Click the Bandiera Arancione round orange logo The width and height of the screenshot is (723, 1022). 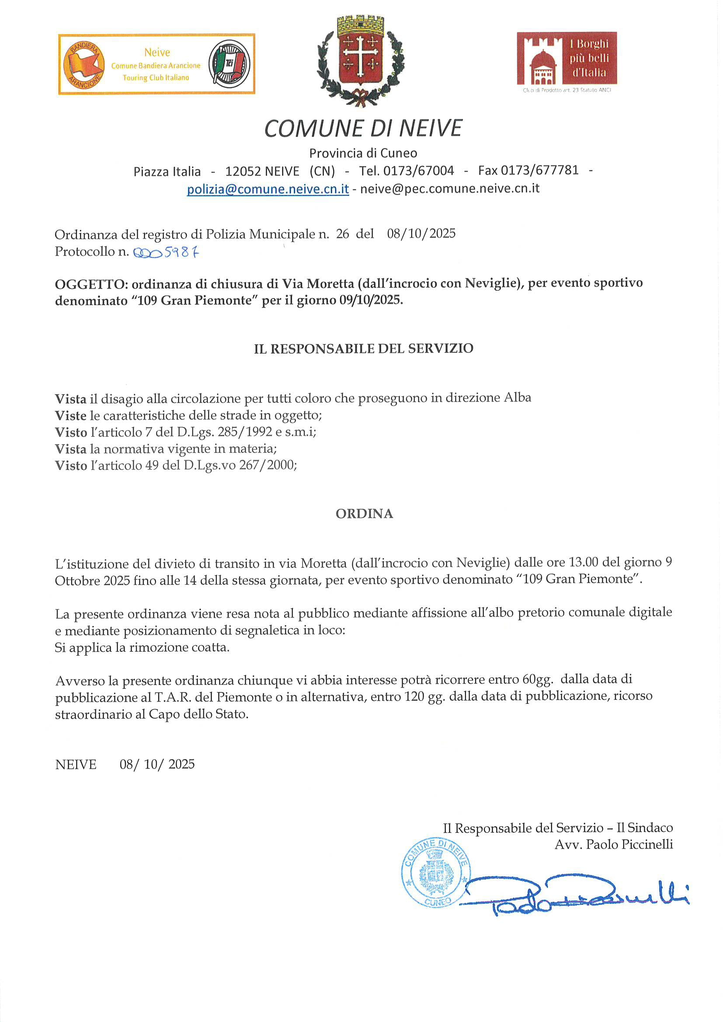click(x=83, y=65)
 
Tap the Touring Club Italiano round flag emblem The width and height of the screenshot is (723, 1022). click(x=229, y=64)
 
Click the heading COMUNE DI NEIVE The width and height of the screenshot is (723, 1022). click(x=363, y=129)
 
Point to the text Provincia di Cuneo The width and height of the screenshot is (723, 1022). click(x=363, y=153)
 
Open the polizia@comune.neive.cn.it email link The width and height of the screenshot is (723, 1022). click(x=268, y=189)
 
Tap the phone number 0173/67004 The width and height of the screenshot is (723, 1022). click(x=418, y=171)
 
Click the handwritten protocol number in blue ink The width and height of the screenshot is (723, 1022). click(x=166, y=253)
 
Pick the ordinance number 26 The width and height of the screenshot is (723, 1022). click(x=342, y=234)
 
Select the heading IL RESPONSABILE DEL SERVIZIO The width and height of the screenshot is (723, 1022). click(x=363, y=348)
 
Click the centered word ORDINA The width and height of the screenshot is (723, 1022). click(x=364, y=514)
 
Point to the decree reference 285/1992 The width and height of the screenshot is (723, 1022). click(x=245, y=432)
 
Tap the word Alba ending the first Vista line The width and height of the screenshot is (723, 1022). click(x=517, y=397)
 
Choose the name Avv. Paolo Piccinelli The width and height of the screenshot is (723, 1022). click(x=613, y=845)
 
